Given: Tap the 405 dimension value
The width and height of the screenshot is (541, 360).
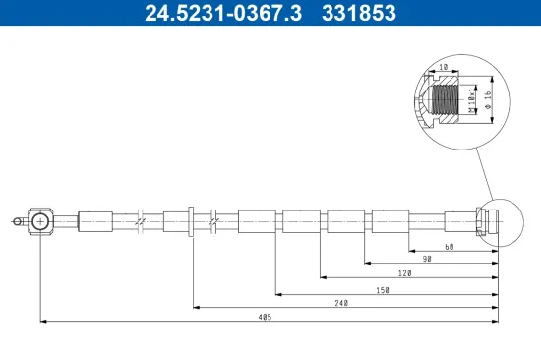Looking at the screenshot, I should [265, 317].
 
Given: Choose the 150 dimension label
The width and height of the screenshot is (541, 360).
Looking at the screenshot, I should [384, 289].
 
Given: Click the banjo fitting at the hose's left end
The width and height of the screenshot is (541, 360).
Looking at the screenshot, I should [40, 222].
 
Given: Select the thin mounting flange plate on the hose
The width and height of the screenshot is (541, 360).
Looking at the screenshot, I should [192, 221].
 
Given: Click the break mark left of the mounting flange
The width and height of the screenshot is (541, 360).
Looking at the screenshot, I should [143, 221].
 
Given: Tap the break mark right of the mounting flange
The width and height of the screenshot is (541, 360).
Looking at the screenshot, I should [212, 221].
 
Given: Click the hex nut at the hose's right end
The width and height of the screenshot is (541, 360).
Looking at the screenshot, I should [482, 221].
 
